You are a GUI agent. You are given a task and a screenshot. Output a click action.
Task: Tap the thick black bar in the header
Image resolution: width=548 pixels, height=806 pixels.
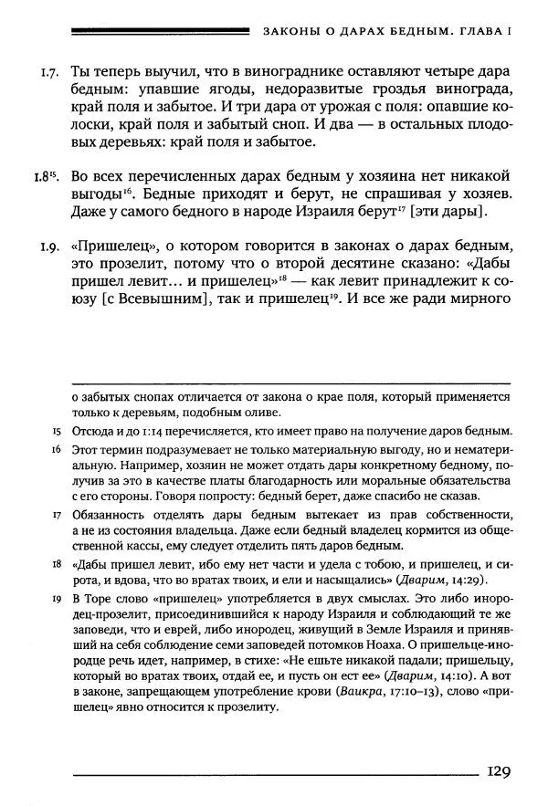tap(160, 32)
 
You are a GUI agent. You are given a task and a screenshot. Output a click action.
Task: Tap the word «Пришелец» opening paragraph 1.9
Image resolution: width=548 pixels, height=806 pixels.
tap(109, 246)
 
